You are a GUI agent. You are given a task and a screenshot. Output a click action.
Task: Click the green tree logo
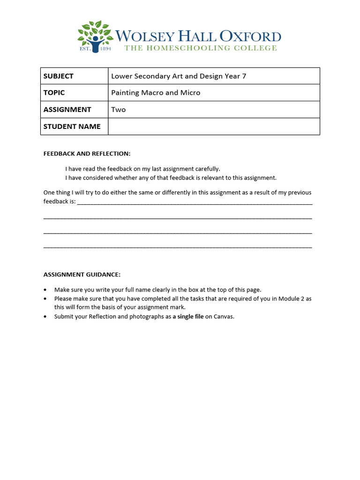(95, 36)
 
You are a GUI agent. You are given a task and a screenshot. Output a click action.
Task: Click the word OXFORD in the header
(251, 37)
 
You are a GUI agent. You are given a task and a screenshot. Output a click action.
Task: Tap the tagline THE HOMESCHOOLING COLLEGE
(200, 48)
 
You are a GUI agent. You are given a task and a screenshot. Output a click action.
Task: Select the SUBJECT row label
(58, 76)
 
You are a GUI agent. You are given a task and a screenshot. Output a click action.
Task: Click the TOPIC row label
(54, 93)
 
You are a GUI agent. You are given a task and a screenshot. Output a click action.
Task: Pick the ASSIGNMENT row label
(67, 110)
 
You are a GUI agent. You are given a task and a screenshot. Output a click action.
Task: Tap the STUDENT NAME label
(72, 127)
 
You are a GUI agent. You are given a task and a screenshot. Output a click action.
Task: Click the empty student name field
(214, 127)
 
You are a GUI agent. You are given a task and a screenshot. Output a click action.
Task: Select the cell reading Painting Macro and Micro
(156, 93)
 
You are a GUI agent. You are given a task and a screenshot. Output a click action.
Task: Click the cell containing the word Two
(119, 110)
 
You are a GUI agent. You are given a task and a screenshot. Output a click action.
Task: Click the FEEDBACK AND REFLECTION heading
(87, 154)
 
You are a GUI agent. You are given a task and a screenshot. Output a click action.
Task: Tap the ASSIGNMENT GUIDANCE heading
(82, 275)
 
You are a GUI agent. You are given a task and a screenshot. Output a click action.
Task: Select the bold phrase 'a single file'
(188, 316)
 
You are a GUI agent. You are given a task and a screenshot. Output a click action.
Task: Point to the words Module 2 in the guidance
(292, 299)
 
